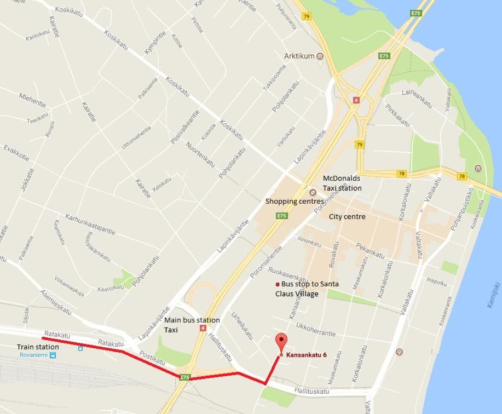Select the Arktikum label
click(x=299, y=56)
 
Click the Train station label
click(x=38, y=347)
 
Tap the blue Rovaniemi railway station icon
click(x=53, y=355)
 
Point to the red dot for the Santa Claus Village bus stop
click(x=277, y=285)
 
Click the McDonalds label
click(x=342, y=179)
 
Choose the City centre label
click(x=347, y=217)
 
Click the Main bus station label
click(x=192, y=320)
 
